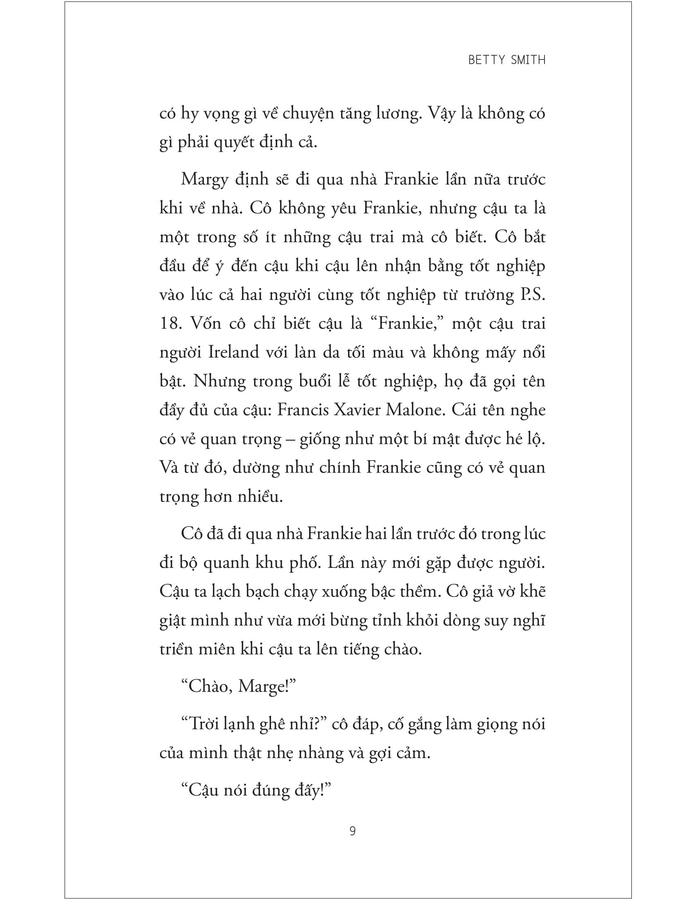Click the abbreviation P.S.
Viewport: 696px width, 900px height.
[x=530, y=295]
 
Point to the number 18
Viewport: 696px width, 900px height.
[x=170, y=324]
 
